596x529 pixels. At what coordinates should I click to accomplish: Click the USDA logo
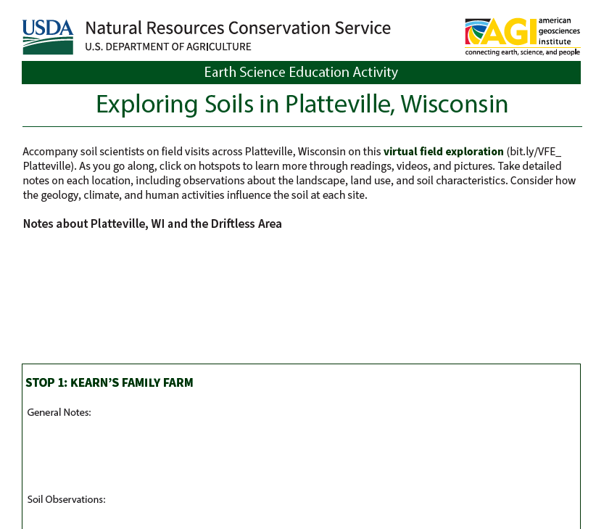click(x=48, y=37)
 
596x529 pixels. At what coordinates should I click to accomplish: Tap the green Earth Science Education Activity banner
click(x=301, y=73)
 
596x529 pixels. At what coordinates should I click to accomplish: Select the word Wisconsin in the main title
click(x=454, y=104)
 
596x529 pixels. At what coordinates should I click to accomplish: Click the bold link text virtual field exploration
click(x=443, y=152)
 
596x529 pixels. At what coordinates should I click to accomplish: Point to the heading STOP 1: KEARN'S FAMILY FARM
click(x=109, y=382)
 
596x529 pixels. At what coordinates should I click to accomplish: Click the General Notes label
click(x=59, y=412)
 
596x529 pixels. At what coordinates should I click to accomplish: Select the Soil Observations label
click(x=66, y=499)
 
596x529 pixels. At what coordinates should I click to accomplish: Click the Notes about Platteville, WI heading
click(x=152, y=224)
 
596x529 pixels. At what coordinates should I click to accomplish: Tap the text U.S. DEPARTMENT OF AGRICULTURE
click(x=168, y=46)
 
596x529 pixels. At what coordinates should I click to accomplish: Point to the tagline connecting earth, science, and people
click(x=523, y=52)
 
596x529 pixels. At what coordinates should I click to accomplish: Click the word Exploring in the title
click(x=146, y=104)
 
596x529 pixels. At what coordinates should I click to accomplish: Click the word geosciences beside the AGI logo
click(x=559, y=31)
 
